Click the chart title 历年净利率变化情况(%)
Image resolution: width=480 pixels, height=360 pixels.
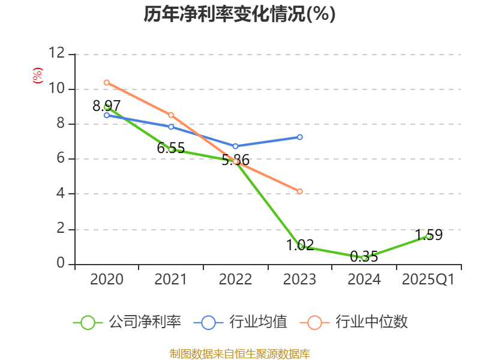point(239,14)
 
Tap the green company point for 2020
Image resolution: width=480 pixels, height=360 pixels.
point(107,107)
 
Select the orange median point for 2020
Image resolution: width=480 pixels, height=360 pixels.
point(107,82)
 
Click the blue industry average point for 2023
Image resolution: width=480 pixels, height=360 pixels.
point(300,137)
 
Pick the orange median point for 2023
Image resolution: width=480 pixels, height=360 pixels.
point(300,191)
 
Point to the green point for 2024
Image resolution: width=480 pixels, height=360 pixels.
point(364,257)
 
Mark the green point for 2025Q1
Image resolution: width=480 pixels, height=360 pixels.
point(428,236)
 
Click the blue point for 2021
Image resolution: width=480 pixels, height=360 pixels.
point(171,127)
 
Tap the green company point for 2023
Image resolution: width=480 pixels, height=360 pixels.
point(300,246)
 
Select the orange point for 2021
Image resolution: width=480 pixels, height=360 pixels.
point(171,115)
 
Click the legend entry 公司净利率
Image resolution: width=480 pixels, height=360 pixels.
point(127,322)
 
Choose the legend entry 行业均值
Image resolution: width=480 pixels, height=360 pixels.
point(241,322)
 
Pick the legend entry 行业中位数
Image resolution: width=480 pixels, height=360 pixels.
point(357,322)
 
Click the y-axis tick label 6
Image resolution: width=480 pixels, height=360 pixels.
point(60,159)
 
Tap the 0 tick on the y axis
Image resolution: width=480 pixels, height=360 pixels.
point(60,264)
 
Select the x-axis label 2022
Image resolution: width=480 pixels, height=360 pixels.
point(235,280)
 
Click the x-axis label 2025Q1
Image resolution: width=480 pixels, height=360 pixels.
point(428,280)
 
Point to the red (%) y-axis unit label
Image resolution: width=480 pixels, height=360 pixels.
point(38,76)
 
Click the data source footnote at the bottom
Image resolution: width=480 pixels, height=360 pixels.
point(239,353)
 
